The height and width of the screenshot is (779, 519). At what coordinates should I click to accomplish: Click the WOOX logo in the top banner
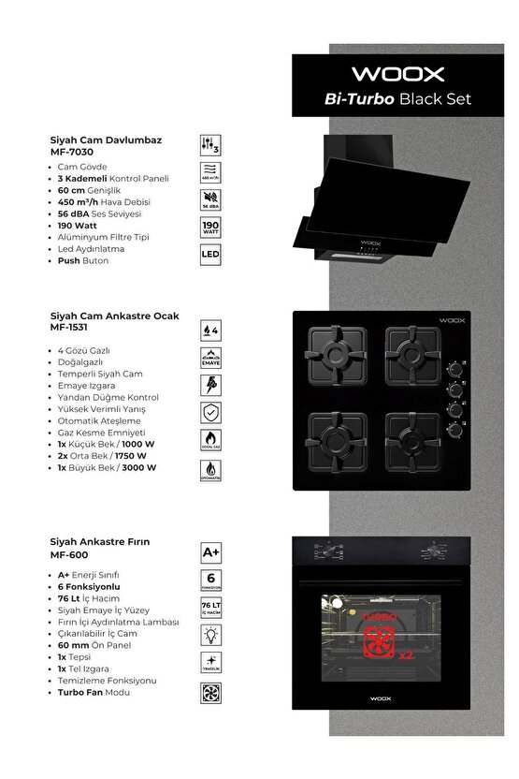[x=397, y=74]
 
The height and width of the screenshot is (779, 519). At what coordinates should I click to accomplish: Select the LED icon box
[x=210, y=254]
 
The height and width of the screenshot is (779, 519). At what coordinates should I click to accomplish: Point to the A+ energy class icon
[x=211, y=552]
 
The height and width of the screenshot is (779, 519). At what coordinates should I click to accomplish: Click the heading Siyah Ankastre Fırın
[x=100, y=542]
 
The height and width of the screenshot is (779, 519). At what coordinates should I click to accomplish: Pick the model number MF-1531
[x=69, y=329]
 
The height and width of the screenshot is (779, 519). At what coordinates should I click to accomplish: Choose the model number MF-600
[x=67, y=554]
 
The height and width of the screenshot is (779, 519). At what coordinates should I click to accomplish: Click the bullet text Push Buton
[x=82, y=260]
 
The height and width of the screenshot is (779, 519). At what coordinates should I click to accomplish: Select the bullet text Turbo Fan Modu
[x=94, y=693]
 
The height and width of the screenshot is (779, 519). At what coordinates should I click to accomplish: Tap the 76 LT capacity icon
[x=211, y=610]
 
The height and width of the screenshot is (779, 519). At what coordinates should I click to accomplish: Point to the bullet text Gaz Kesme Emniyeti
[x=101, y=433]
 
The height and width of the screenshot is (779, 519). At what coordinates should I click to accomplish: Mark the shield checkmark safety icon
[x=211, y=413]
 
